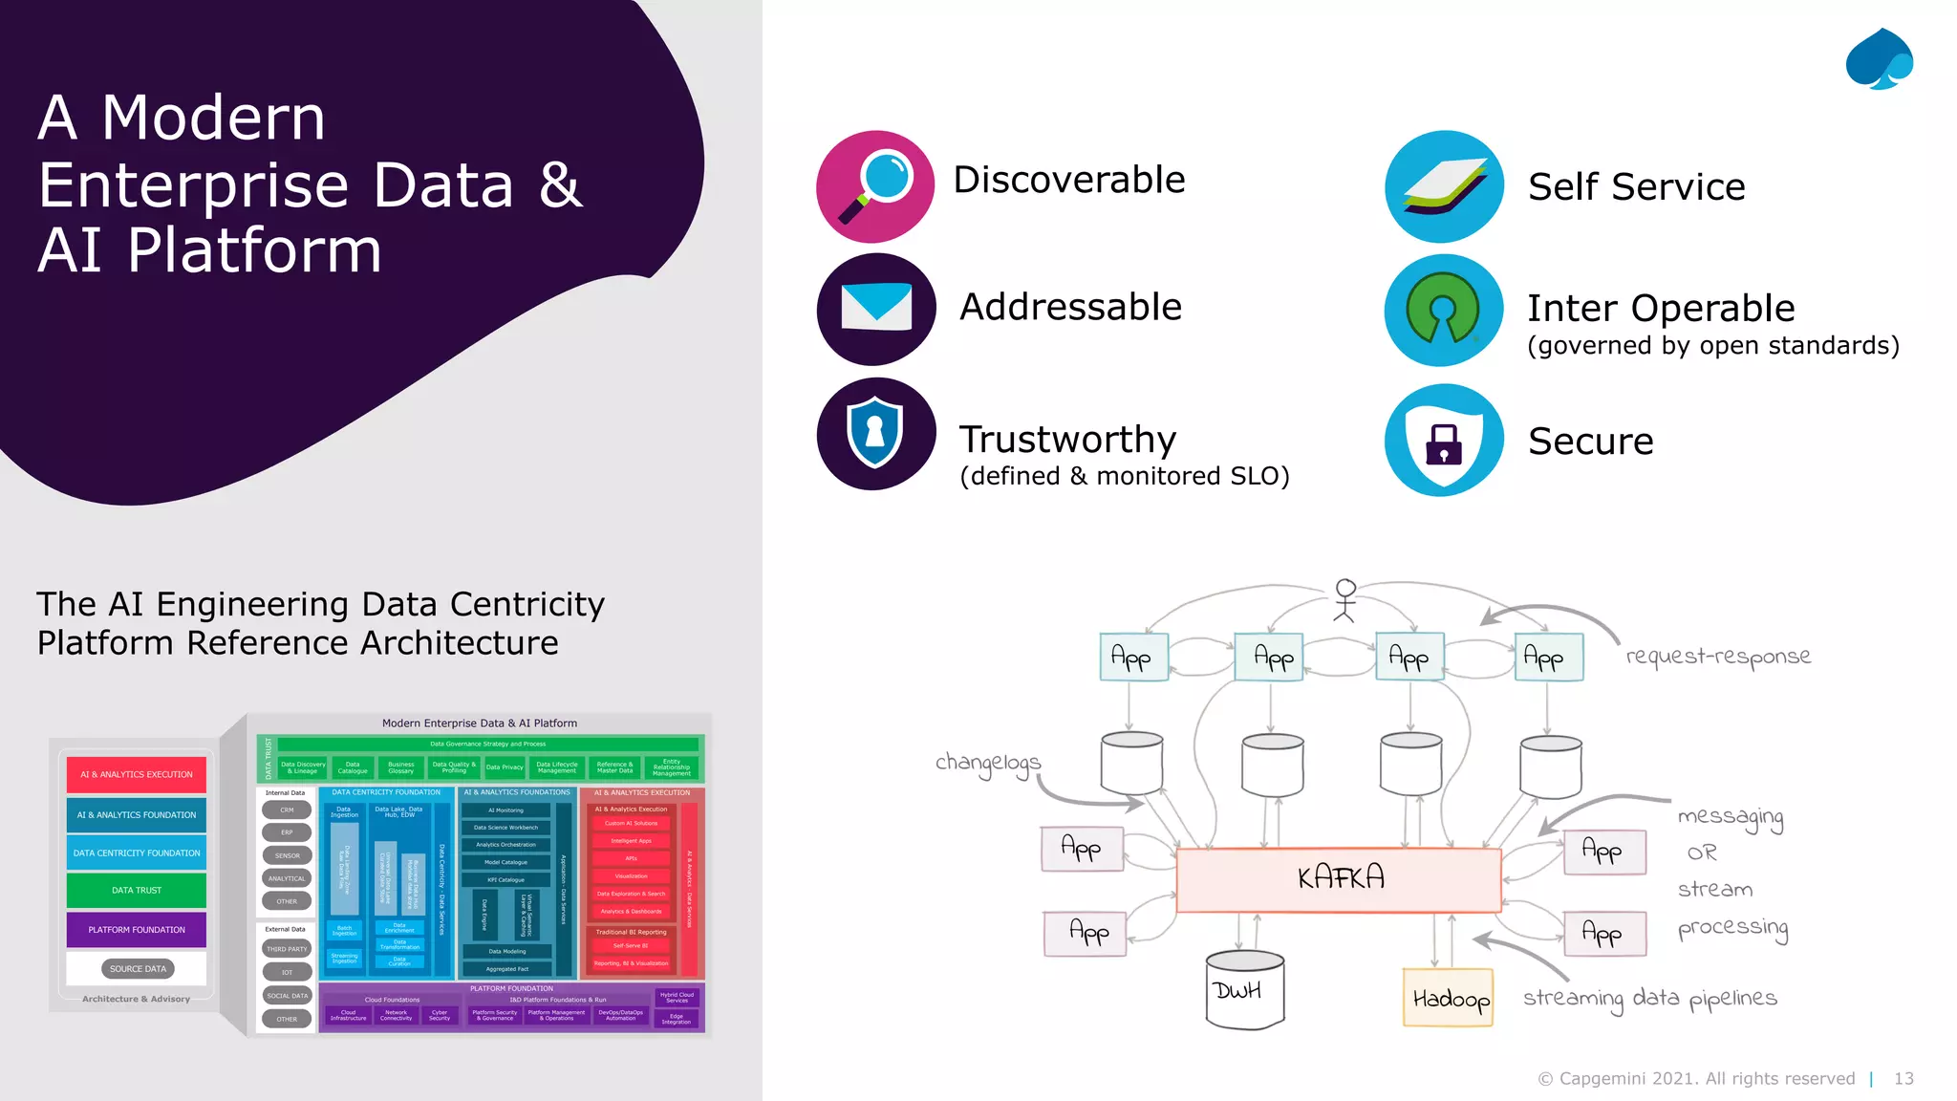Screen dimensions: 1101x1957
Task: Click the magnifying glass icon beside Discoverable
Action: coord(875,186)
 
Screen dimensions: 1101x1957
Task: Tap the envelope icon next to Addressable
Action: coord(875,309)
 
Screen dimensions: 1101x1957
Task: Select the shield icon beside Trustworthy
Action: coord(875,433)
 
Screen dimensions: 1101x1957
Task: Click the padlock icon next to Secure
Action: coord(1443,442)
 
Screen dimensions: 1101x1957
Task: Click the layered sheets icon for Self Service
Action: coord(1443,186)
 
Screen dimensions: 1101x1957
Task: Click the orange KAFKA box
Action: coord(1339,878)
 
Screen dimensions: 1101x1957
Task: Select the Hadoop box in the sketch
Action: coord(1449,998)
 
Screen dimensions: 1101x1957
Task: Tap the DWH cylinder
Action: coord(1244,990)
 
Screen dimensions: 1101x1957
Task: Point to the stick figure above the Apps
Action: coord(1345,600)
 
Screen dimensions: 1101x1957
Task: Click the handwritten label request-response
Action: coord(1718,656)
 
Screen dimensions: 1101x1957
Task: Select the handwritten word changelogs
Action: coord(988,763)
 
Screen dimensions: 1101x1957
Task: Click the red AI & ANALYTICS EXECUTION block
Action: coord(137,774)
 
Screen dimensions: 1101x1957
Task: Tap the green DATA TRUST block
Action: coord(137,890)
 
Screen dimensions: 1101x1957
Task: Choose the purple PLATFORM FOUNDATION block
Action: coord(137,929)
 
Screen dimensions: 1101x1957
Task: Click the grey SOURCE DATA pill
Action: coord(138,968)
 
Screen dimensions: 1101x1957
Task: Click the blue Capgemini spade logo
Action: coord(1879,59)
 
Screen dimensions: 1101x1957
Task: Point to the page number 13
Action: coord(1903,1078)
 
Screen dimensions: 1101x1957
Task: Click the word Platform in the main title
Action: coord(254,250)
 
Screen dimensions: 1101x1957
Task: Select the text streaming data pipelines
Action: coord(1650,998)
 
